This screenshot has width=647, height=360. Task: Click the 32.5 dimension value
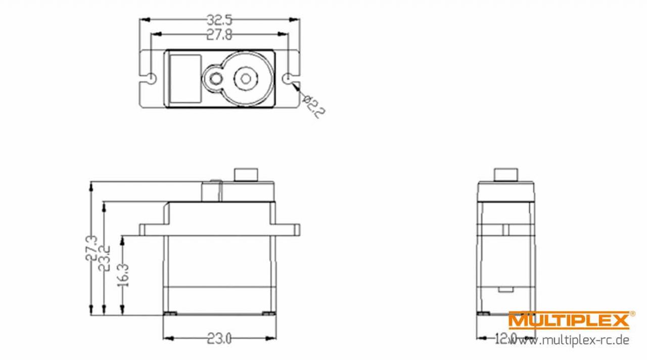click(x=219, y=21)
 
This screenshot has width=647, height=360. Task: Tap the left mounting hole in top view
click(x=152, y=78)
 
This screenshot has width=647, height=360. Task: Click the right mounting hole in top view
click(x=289, y=78)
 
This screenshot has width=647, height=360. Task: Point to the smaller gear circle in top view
click(x=215, y=78)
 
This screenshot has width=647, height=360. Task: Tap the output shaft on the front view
click(x=246, y=174)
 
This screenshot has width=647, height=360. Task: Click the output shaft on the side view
click(x=506, y=174)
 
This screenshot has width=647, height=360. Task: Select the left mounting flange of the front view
click(x=152, y=230)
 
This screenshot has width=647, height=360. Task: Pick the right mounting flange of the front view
click(x=289, y=230)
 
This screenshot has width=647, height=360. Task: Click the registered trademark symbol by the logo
click(x=633, y=314)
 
